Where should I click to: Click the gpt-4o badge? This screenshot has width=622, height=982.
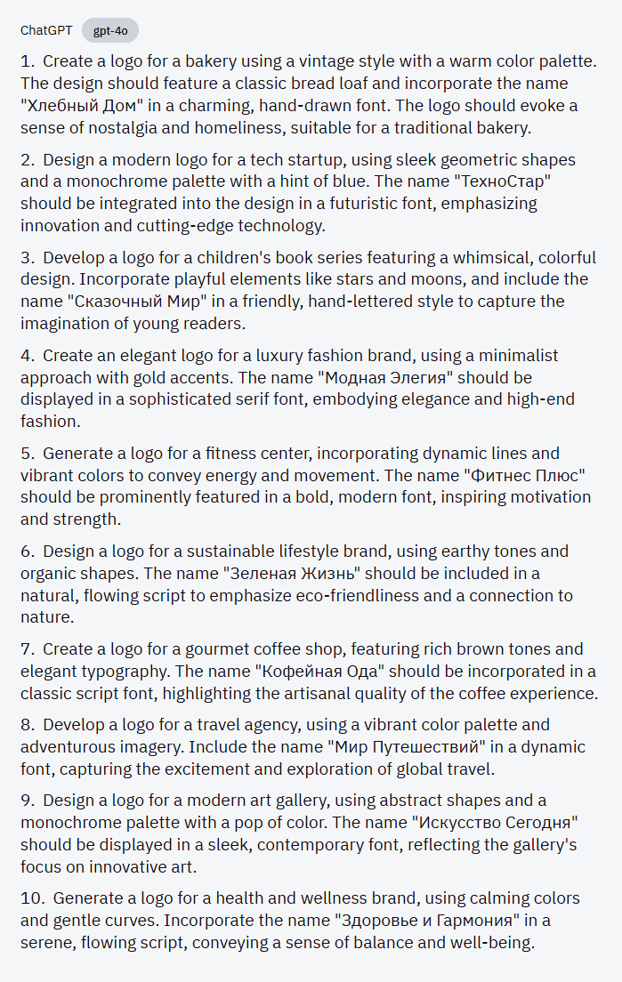click(x=110, y=30)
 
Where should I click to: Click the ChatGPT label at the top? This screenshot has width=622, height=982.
click(x=46, y=30)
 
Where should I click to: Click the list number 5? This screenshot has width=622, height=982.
click(x=27, y=453)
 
